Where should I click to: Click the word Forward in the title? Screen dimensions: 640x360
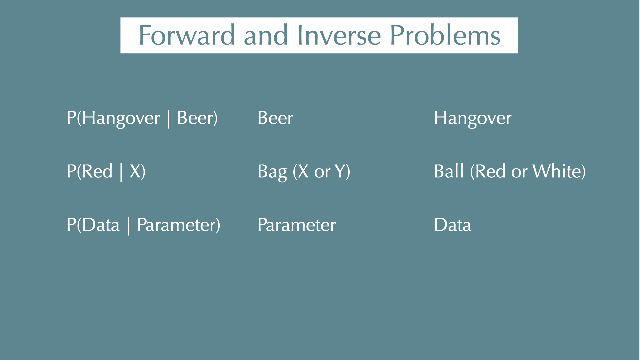click(x=187, y=35)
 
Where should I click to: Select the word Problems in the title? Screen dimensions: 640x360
click(x=445, y=35)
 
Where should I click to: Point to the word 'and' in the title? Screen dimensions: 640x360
click(x=266, y=35)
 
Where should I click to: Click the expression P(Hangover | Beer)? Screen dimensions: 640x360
click(x=142, y=118)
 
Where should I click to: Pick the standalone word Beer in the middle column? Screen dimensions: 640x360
click(x=275, y=118)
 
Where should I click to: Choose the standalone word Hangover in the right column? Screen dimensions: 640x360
click(x=473, y=119)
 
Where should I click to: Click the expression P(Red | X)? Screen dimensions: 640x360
click(x=106, y=172)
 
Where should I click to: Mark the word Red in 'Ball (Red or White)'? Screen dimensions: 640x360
click(x=490, y=171)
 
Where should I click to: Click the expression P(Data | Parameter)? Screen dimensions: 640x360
click(x=143, y=225)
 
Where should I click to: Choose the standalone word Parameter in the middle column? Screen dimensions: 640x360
click(x=297, y=225)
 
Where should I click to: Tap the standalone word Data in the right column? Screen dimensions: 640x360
click(x=453, y=225)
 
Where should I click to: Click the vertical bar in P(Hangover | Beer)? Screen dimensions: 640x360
click(x=168, y=119)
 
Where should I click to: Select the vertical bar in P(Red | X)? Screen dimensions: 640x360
click(x=121, y=172)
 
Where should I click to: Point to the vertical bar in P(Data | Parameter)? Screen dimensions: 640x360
click(x=128, y=225)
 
